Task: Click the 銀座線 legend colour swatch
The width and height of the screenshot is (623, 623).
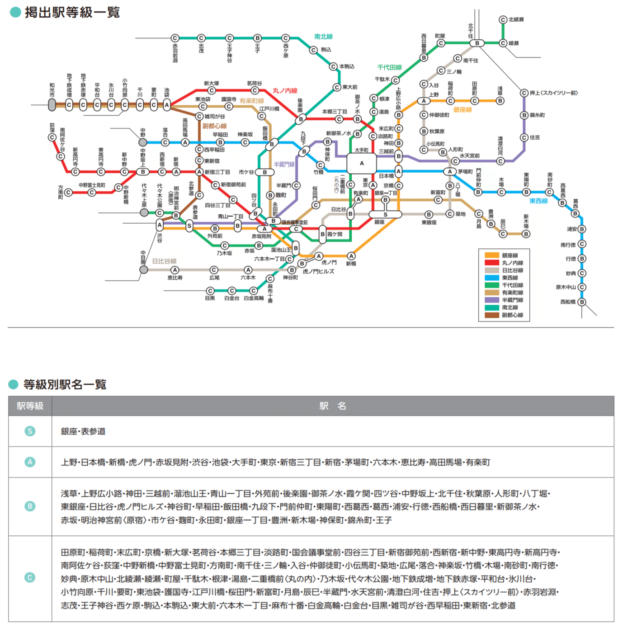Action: point(491,255)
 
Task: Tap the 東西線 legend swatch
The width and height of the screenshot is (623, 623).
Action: point(491,278)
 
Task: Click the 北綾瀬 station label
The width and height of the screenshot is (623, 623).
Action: point(516,19)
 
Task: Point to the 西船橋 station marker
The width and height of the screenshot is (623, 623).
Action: point(582,302)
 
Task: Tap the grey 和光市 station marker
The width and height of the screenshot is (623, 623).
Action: point(52,105)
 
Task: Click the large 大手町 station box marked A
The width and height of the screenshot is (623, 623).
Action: point(362,163)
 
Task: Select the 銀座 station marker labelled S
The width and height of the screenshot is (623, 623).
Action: point(385,214)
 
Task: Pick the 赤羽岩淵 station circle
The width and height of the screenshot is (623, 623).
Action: point(175,38)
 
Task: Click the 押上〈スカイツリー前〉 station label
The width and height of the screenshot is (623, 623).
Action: point(553,93)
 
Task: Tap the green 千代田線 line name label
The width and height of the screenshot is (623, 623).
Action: point(389,67)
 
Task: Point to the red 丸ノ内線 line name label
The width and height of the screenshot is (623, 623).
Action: point(284,91)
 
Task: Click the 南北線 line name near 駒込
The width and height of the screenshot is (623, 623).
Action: point(323,37)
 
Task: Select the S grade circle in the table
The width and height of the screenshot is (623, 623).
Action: point(30,431)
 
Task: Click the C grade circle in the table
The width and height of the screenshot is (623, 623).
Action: point(30,577)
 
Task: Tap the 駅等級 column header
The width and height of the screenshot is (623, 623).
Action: point(30,406)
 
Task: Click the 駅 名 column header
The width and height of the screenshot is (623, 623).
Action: point(333,406)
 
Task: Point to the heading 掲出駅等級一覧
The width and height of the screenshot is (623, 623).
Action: point(72,12)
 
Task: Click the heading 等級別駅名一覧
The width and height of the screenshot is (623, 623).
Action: point(65,384)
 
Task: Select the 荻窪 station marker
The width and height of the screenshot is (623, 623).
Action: point(52,137)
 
